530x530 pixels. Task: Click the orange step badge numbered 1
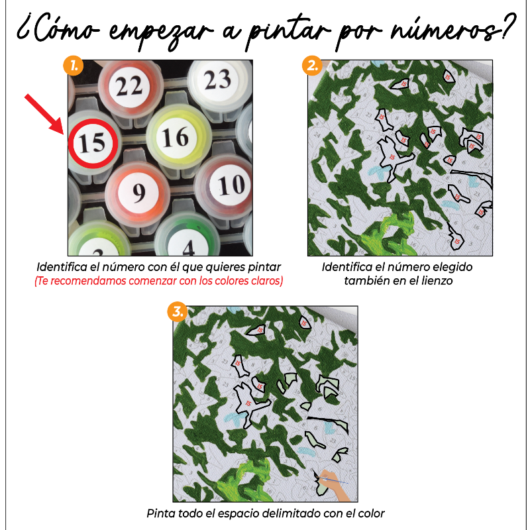pyautogui.click(x=73, y=66)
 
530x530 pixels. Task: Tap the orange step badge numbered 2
pyautogui.click(x=311, y=66)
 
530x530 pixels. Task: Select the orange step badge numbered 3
pyautogui.click(x=176, y=312)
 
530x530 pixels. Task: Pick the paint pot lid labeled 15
pyautogui.click(x=93, y=141)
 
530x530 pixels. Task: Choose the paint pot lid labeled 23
pyautogui.click(x=217, y=80)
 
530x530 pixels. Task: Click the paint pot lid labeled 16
pyautogui.click(x=175, y=137)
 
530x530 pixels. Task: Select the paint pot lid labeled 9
pyautogui.click(x=138, y=193)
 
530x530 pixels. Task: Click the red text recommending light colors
pyautogui.click(x=159, y=281)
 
